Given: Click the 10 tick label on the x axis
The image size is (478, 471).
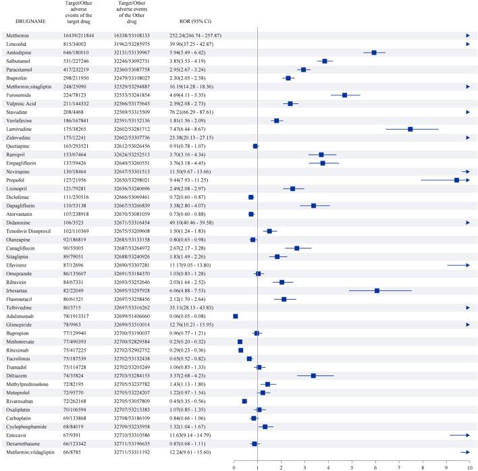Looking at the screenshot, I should point(469,465).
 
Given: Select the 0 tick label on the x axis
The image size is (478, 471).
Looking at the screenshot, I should point(234,465).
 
